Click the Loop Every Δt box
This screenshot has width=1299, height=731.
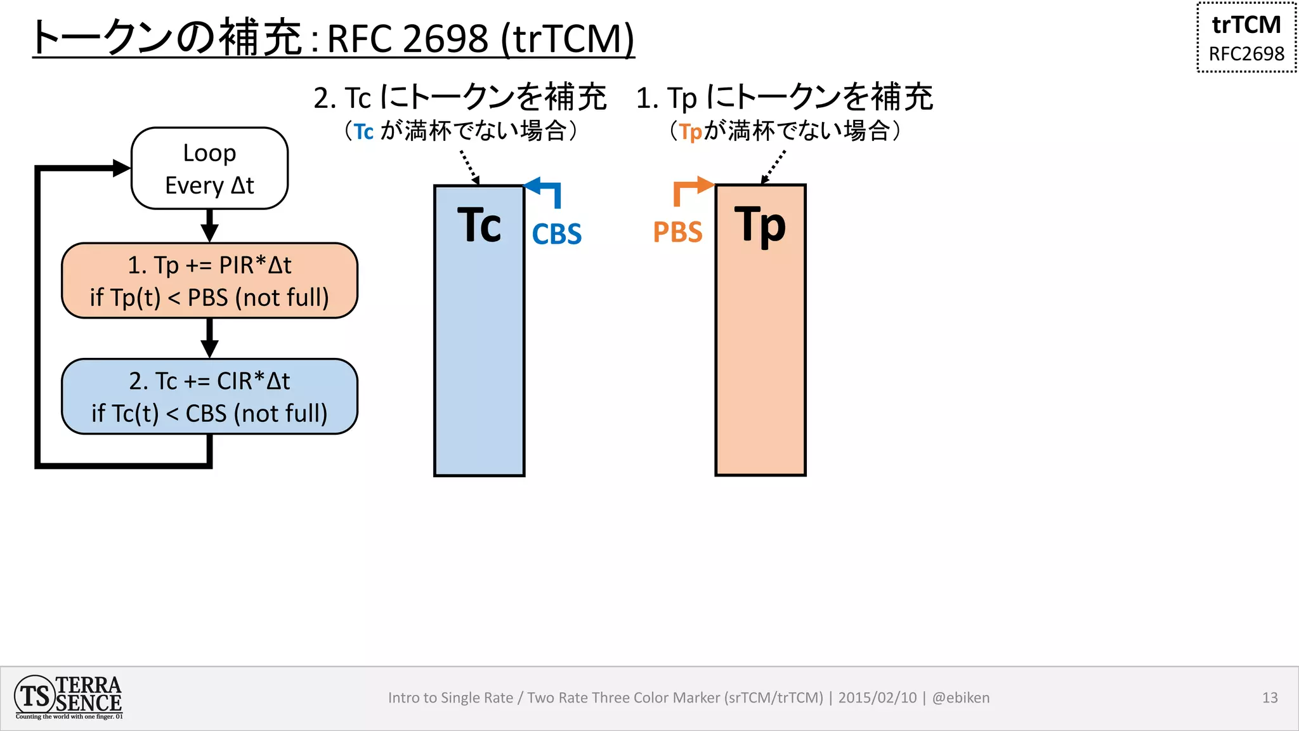209,169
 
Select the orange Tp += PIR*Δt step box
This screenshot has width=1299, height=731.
209,280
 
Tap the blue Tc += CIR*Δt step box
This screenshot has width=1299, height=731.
209,397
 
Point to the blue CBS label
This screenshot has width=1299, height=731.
556,234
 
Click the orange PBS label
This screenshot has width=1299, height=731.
677,232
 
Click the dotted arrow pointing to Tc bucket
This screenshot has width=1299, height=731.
469,167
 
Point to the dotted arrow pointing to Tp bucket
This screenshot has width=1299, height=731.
773,167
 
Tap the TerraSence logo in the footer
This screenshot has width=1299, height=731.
69,697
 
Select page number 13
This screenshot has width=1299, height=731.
1270,698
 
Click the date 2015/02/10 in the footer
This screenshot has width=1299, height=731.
877,698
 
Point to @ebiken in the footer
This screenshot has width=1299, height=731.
960,698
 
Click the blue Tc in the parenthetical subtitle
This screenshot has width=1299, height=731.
363,132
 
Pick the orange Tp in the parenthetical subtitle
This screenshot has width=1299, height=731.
690,132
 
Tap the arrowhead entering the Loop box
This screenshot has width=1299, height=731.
121,168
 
